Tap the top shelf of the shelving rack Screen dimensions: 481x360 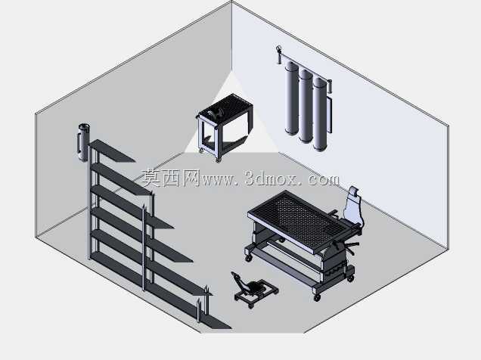pyautogui.click(x=112, y=151)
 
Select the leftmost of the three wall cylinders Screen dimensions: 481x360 pyautogui.click(x=291, y=98)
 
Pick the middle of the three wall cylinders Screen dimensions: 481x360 pyautogui.click(x=306, y=106)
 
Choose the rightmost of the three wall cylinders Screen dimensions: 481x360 pyautogui.click(x=320, y=114)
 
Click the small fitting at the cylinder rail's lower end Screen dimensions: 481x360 pyautogui.click(x=330, y=86)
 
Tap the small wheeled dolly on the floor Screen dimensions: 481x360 pyautogui.click(x=255, y=289)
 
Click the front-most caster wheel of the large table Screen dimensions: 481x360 pyautogui.click(x=317, y=296)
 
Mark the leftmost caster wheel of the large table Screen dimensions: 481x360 pyautogui.click(x=249, y=258)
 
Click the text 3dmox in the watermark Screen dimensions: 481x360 pyautogui.click(x=271, y=178)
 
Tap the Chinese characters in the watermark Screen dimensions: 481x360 pyautogui.click(x=171, y=178)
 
